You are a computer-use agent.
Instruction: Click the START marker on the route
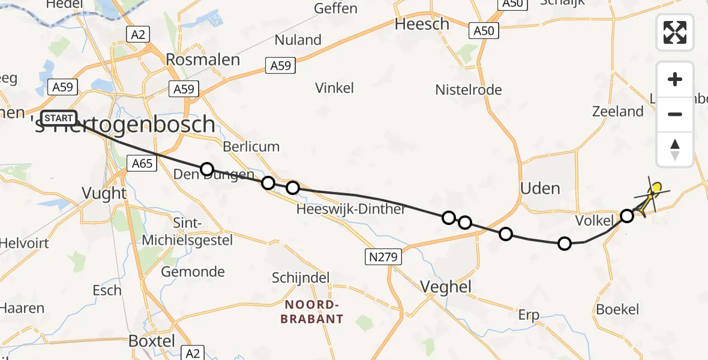coord(59,118)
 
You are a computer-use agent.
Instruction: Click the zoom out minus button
coord(675,114)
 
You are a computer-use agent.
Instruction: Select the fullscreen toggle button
coord(675,32)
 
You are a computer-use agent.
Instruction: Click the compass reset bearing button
coord(675,149)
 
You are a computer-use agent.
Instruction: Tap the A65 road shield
coord(143,163)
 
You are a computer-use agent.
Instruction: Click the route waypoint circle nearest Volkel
coord(626,215)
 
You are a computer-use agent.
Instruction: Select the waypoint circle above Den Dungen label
coord(207,169)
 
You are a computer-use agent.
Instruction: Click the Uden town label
coord(540,188)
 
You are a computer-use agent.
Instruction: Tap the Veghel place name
coord(446,287)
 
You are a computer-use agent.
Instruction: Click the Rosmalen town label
coord(203,60)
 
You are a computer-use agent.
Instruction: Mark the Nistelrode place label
coord(469,90)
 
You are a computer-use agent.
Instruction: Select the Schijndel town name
coord(301,278)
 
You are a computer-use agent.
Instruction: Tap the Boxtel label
coord(152,341)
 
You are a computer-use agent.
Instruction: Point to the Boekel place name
coord(617,310)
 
